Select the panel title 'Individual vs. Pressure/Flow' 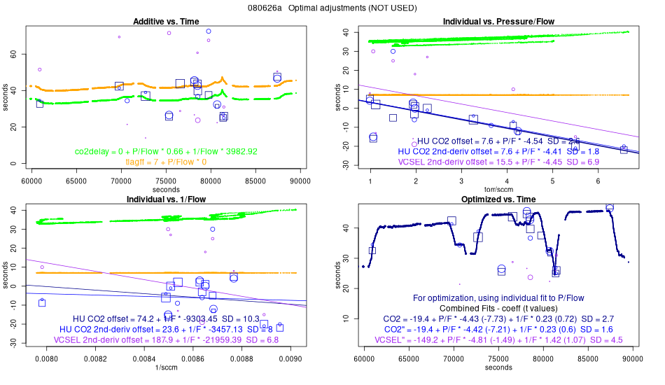(x=498, y=22)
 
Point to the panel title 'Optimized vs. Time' (x=498, y=199)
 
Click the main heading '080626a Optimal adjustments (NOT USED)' (x=332, y=8)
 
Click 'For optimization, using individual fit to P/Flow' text (x=498, y=297)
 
